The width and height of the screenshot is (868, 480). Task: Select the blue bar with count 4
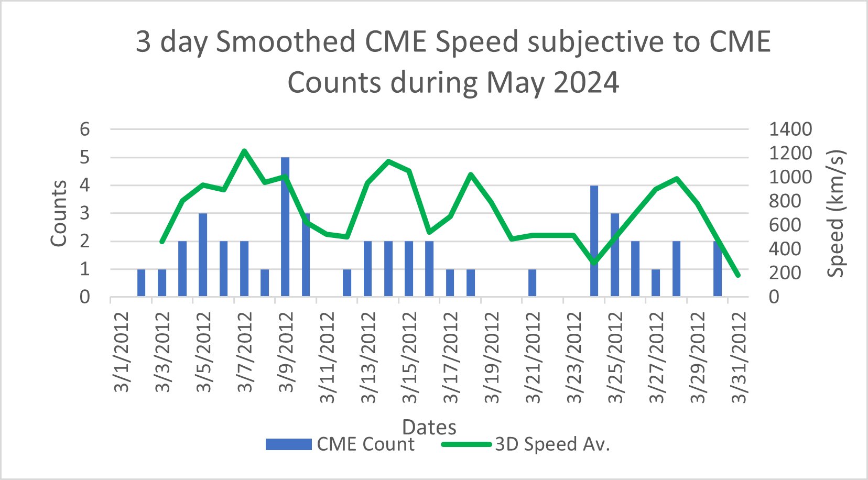[x=594, y=241]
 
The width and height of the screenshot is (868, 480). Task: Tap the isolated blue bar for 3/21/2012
[x=532, y=283]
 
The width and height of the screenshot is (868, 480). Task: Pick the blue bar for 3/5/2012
[x=203, y=255]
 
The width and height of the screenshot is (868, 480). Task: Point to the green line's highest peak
[x=244, y=151]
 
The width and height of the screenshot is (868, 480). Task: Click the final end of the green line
[x=739, y=275]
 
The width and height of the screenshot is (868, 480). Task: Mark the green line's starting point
[x=162, y=242]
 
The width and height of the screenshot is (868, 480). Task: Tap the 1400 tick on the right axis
[x=790, y=129]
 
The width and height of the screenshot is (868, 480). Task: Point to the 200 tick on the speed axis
[x=785, y=273]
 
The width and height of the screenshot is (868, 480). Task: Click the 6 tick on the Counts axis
[x=85, y=129]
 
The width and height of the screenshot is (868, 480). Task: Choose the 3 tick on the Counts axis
[x=85, y=213]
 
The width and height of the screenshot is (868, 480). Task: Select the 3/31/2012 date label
[x=739, y=358]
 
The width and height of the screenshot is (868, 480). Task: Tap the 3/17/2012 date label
[x=450, y=358]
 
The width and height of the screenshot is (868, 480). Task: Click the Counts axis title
[x=59, y=213]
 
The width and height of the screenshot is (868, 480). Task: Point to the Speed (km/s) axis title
[x=836, y=213]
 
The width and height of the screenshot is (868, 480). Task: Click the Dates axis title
[x=429, y=427]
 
